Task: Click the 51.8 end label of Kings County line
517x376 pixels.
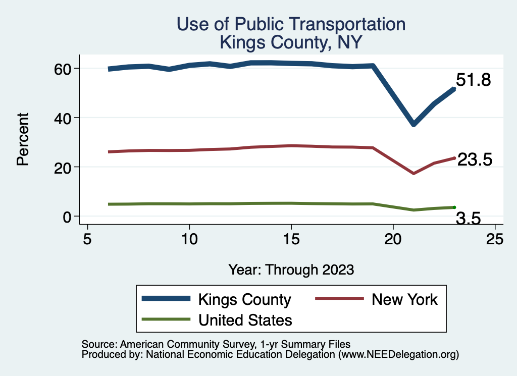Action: [x=473, y=80]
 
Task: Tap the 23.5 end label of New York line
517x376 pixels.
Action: [x=474, y=160]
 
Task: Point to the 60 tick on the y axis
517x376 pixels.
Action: [x=63, y=68]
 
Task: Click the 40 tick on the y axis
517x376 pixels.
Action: [x=63, y=118]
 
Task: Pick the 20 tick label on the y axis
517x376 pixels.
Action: [x=63, y=167]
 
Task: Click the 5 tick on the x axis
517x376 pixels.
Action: [x=87, y=238]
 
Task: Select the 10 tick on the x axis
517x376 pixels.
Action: [x=189, y=238]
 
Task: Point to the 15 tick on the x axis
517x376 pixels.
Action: [x=291, y=238]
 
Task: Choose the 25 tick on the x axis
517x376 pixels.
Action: [x=495, y=238]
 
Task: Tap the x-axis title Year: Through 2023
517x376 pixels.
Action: [x=291, y=269]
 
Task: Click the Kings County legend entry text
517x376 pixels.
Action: [x=245, y=300]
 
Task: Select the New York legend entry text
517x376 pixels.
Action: [x=404, y=300]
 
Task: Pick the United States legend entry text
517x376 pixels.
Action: [x=245, y=320]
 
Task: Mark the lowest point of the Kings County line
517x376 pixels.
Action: [x=413, y=124]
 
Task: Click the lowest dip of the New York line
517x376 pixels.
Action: [x=413, y=173]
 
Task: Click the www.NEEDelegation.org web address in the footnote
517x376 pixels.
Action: [x=398, y=355]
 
